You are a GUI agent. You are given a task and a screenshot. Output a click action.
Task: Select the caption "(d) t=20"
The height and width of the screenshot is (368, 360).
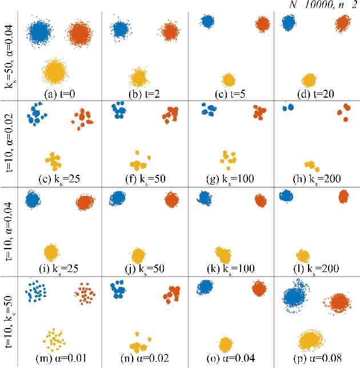click(309, 90)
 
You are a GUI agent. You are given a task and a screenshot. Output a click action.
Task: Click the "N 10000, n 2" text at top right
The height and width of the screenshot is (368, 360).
click(323, 5)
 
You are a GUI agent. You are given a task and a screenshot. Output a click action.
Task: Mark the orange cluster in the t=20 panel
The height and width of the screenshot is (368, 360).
click(342, 23)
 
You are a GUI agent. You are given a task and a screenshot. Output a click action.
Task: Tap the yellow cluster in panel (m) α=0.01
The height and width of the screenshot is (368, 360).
click(55, 339)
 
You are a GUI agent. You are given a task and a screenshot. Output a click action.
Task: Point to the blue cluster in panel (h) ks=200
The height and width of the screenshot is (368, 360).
click(287, 107)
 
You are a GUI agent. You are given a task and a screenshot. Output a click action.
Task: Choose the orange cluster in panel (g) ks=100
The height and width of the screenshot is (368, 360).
click(259, 112)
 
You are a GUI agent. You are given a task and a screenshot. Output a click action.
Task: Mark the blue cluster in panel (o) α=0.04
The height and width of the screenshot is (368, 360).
click(206, 287)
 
